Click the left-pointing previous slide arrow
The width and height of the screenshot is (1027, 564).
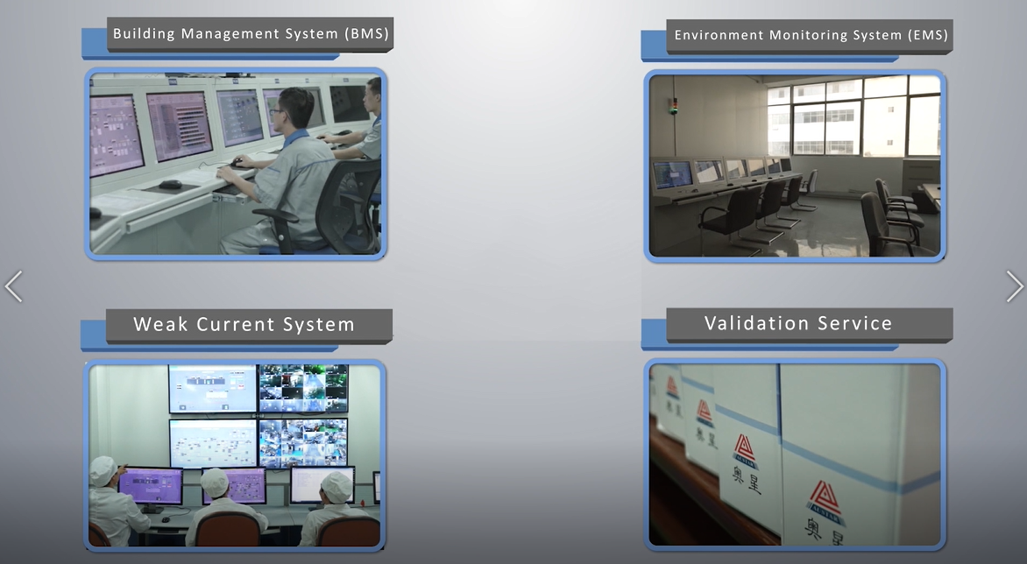click(x=13, y=286)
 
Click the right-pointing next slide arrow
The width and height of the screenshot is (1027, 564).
click(x=1015, y=286)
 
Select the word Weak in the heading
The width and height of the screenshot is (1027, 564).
click(x=161, y=325)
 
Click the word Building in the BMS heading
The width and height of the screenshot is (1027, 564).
click(x=145, y=34)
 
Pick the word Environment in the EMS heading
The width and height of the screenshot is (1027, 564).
click(x=719, y=36)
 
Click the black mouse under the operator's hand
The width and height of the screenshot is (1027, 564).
click(x=237, y=163)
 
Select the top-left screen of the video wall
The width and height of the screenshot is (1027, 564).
click(x=213, y=388)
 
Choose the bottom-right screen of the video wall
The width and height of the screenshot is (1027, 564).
click(x=303, y=442)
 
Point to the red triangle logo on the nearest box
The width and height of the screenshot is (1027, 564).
click(x=824, y=497)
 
